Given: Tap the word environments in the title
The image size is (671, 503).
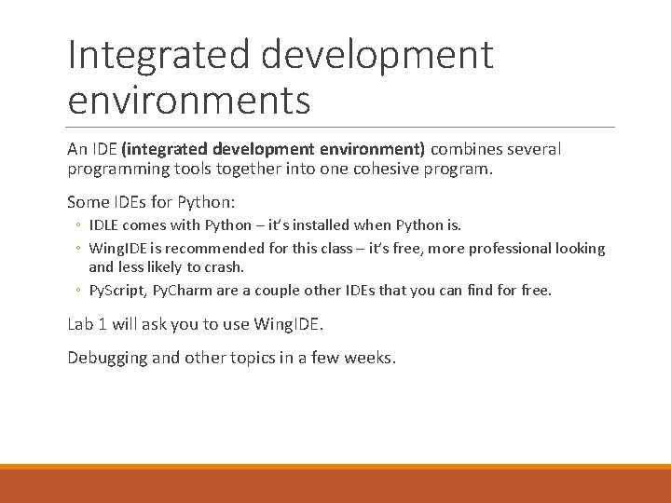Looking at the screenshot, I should (189, 100).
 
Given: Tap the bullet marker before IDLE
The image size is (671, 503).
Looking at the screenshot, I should (79, 225).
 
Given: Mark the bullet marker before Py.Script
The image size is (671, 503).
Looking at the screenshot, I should (79, 291).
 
